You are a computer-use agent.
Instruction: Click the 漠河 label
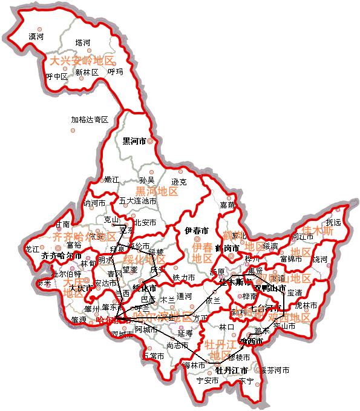36,37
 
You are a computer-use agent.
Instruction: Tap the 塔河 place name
82,42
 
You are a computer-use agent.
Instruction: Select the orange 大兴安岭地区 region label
82,61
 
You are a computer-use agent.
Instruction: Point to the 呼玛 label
115,72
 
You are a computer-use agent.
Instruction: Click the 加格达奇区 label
89,120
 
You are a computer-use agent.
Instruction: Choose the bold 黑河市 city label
134,142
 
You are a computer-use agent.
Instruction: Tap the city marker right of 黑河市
150,142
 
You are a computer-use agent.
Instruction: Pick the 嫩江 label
112,179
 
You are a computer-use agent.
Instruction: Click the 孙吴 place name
147,180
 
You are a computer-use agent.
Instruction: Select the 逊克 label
178,182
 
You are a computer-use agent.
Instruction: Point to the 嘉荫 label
227,205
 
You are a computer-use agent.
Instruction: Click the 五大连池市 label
138,200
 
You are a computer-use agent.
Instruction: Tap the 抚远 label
333,222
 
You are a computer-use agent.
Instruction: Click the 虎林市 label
306,306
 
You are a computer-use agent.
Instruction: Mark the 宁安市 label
208,381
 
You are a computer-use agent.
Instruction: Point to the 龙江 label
32,249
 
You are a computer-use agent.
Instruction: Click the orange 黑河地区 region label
157,191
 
